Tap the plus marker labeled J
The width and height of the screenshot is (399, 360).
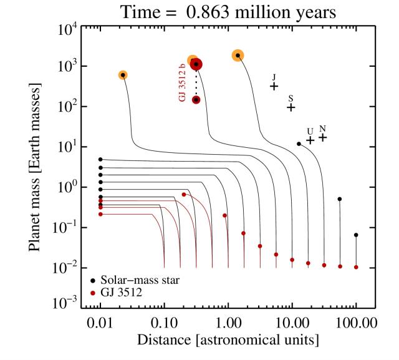(x=274, y=86)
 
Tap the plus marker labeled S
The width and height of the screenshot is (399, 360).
(x=291, y=107)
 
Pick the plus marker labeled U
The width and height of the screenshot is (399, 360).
(x=310, y=140)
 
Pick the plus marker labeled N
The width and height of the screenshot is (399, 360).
(x=322, y=137)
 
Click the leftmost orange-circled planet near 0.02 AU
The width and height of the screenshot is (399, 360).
(x=123, y=75)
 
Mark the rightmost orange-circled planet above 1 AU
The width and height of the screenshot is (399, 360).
(x=238, y=56)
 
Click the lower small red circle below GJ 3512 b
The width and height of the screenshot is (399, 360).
(x=196, y=100)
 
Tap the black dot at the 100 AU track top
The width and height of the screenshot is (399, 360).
(x=356, y=235)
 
